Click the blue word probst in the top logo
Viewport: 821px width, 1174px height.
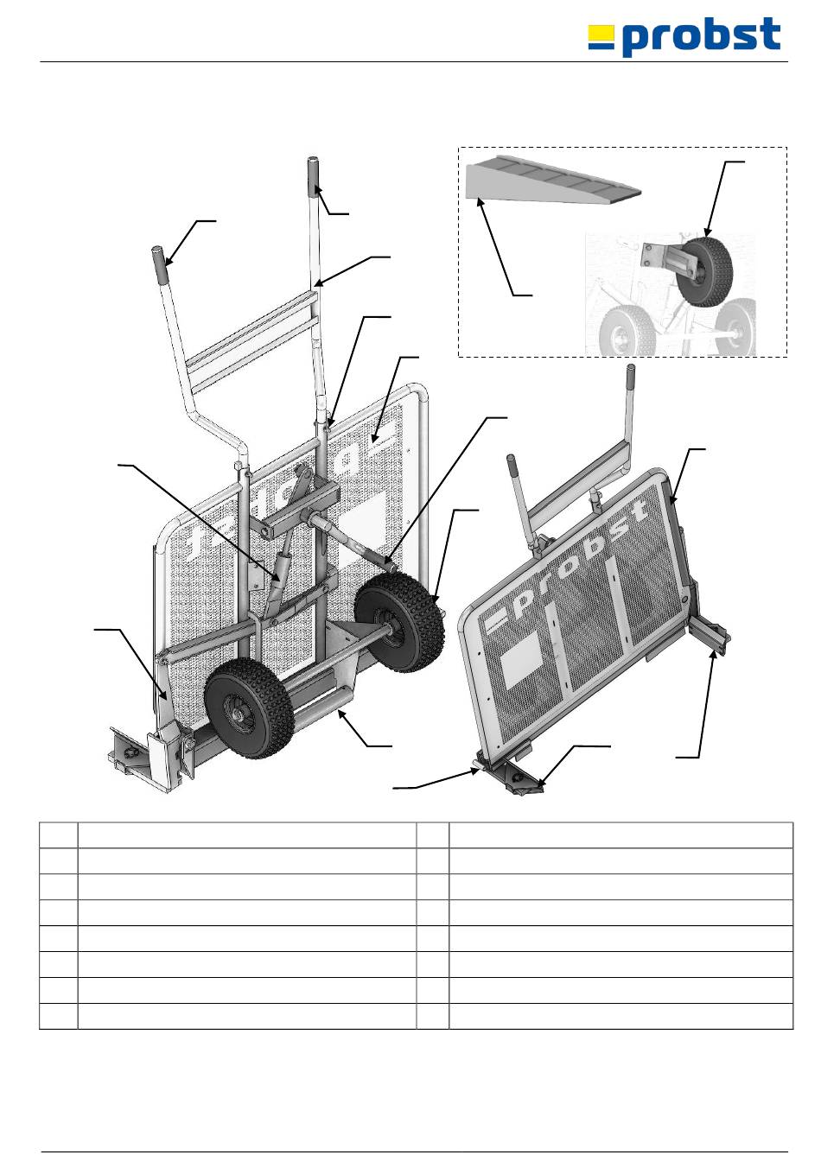pos(701,37)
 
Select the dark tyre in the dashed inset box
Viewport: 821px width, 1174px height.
pos(713,270)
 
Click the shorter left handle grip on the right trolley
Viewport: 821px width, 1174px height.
pos(512,464)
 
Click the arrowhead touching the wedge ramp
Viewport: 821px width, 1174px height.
pos(480,200)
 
